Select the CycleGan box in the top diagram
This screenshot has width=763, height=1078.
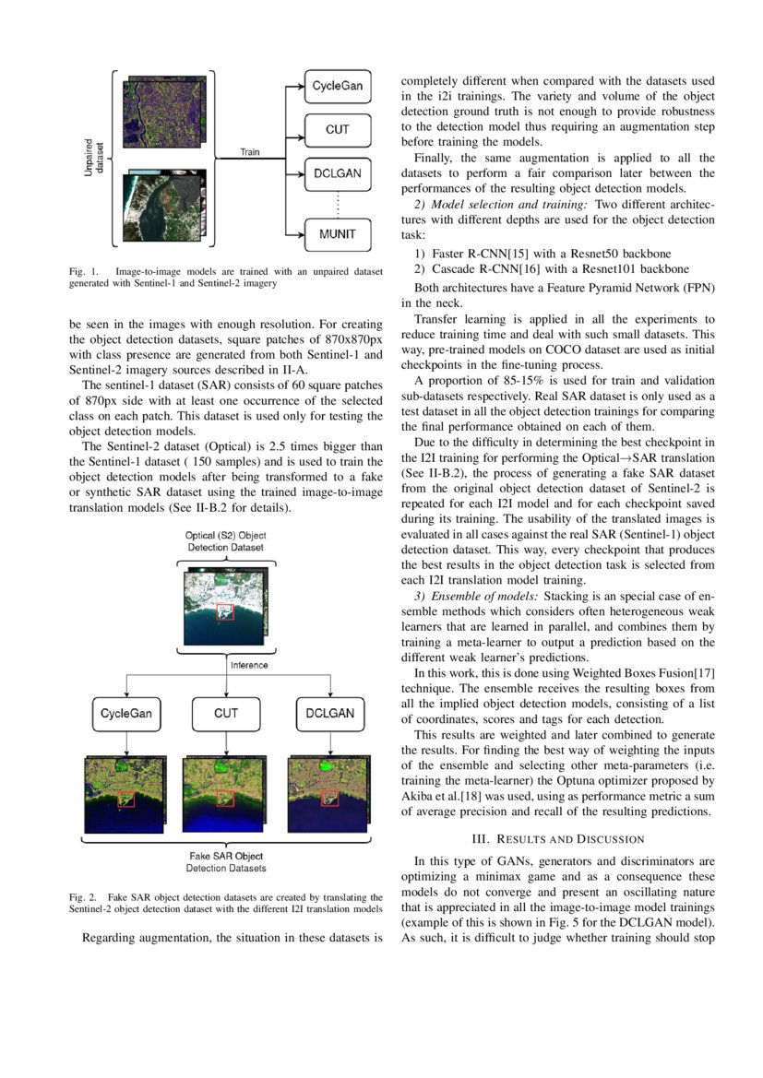(337, 86)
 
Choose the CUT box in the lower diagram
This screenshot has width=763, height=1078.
(226, 713)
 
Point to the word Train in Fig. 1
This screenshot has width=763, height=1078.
(250, 151)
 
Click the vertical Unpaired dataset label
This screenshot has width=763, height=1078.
(94, 158)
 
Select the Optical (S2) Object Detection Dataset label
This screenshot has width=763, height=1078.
(225, 541)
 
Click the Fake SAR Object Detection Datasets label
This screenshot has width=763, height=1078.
(225, 861)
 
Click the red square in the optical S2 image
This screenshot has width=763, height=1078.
(226, 612)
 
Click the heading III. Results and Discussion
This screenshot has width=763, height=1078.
(557, 839)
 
